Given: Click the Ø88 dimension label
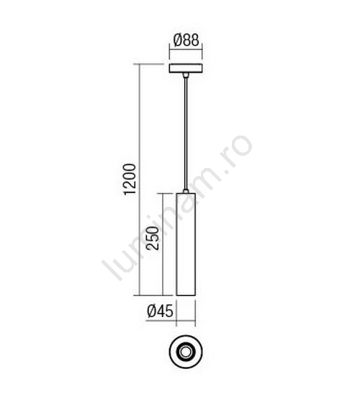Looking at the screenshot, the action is coord(186,40).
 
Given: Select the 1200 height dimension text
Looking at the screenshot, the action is coord(130,179).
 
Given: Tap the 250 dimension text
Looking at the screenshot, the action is coord(153,238).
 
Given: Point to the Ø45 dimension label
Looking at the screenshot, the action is coord(160,311).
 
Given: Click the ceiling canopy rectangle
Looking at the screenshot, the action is coord(186,68).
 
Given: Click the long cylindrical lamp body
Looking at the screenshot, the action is coord(186,244).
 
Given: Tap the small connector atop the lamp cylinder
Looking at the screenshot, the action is coord(186,191).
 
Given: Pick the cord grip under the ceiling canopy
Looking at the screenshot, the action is coord(186,76).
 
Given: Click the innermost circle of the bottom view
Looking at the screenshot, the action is coord(186,352).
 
